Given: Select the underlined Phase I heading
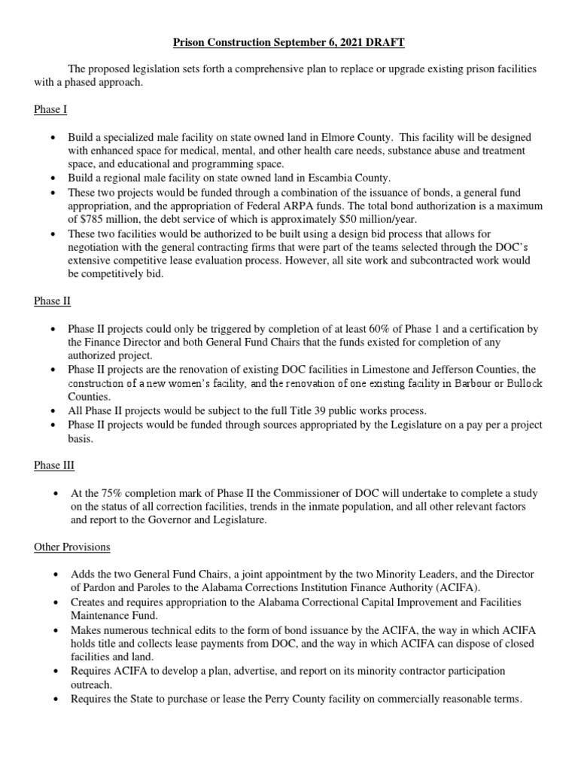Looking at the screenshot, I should (50, 110).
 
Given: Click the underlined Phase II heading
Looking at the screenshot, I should (52, 301).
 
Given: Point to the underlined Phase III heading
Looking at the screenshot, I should (54, 465).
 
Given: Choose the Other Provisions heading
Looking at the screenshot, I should (72, 547).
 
